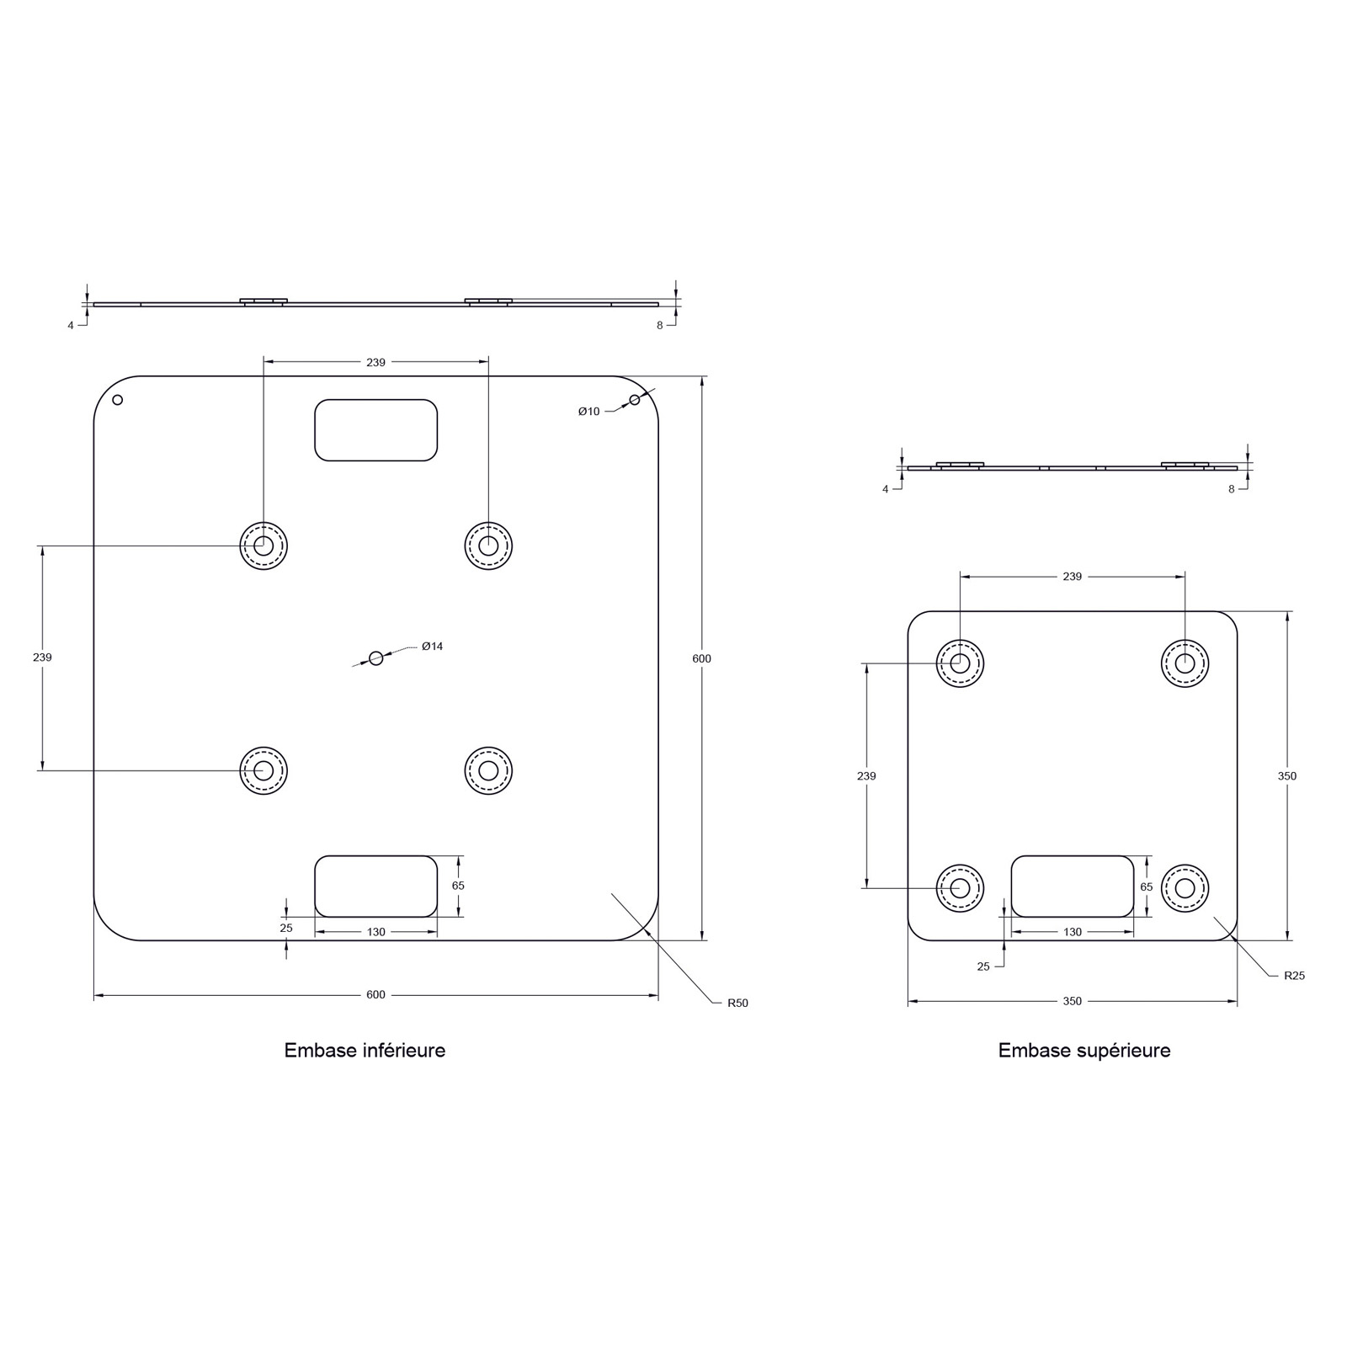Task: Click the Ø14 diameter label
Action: pos(432,647)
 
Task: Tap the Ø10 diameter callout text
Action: pos(588,412)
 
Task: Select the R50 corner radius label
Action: pos(737,1003)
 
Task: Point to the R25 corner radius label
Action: pos(1294,976)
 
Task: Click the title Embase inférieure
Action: pos(365,1051)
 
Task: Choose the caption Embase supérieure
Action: pos(1084,1051)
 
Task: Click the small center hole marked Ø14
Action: pos(376,658)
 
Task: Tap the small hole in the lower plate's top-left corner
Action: pos(118,400)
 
